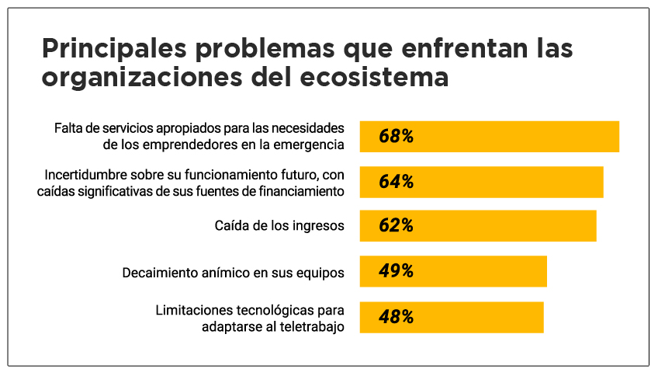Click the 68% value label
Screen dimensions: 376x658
[396, 137]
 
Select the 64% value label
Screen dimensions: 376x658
[396, 182]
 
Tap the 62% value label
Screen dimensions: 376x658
[396, 226]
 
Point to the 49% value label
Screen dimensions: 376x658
[396, 271]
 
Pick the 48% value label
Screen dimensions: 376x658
[396, 317]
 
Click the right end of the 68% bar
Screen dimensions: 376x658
[618, 137]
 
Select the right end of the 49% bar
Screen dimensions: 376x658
[545, 271]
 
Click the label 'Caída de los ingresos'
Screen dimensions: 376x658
[279, 226]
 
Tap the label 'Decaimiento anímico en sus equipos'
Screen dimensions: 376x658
[234, 273]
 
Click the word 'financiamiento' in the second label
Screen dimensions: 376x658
[306, 190]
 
